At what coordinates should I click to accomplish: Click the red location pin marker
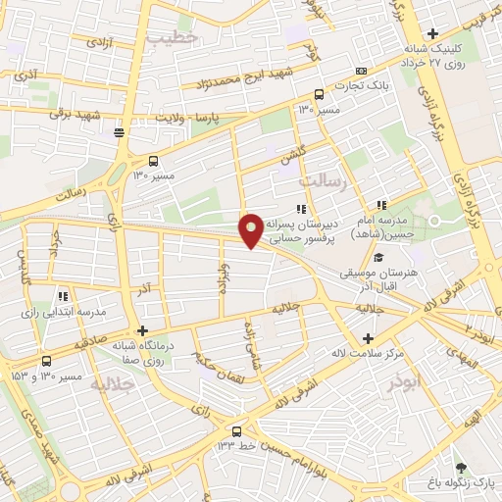(251, 229)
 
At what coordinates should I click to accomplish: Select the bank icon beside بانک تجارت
(361, 71)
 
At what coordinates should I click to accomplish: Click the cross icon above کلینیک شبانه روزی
(432, 34)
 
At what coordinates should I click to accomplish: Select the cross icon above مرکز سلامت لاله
(369, 337)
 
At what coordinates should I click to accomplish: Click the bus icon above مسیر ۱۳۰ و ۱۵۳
(47, 360)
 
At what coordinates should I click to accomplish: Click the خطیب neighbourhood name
(174, 36)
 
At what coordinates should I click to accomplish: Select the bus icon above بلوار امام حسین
(236, 430)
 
